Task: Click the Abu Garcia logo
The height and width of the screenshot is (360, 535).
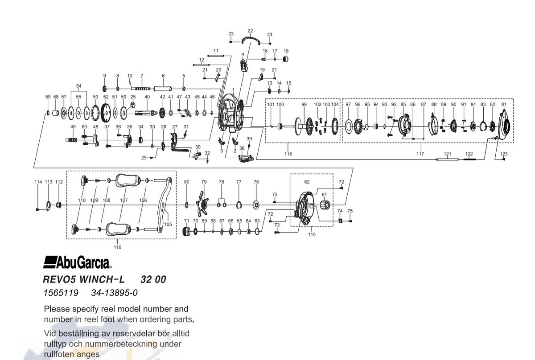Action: point(77,262)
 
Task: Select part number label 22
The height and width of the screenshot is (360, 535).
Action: point(250,31)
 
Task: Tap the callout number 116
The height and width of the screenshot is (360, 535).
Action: point(117,247)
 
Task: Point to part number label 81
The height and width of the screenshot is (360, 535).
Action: point(504,104)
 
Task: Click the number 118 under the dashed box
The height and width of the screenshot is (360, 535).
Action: point(288,154)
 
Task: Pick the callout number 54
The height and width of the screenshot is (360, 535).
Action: point(78,86)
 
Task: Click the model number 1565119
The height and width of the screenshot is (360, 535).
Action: point(61,293)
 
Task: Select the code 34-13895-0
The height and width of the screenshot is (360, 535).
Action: point(115,293)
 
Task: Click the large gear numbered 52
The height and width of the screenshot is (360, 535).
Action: point(105,113)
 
